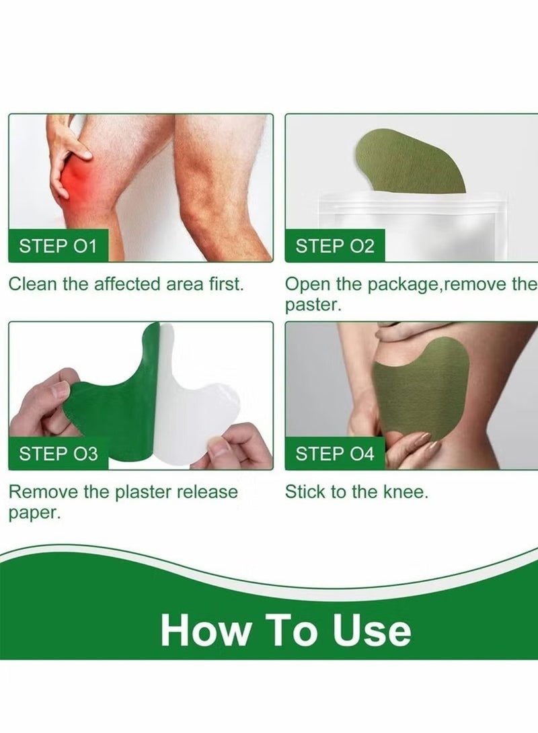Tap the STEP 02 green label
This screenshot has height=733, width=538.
point(334,246)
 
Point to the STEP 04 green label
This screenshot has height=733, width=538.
point(334,454)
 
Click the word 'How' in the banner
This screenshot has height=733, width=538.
point(202,631)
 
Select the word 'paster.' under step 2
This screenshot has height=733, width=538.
point(312,304)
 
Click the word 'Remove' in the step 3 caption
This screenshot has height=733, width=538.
point(42,492)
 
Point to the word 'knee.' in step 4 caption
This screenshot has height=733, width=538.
point(406,492)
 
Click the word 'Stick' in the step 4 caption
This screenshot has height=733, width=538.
point(305,492)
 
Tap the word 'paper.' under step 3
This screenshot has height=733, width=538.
point(34,513)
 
